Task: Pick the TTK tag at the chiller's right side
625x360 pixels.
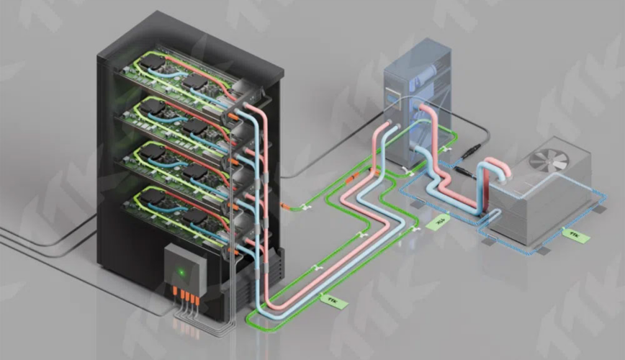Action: click(x=575, y=235)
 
